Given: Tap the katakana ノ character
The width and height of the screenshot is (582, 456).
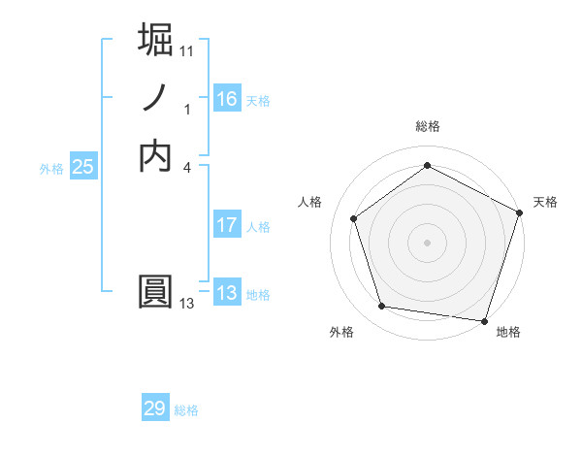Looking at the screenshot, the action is pos(156,99).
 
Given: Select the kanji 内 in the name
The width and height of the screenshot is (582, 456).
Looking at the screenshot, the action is pos(156,155).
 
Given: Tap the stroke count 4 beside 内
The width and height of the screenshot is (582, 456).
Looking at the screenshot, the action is pos(186,166).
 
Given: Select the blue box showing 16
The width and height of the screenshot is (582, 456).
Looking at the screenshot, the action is pos(226,99).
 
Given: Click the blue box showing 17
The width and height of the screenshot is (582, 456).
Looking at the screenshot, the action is pos(226,225).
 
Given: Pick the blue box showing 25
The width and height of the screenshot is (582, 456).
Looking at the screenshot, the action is pos(83,167).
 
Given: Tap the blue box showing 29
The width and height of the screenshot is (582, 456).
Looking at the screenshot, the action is pos(155,408).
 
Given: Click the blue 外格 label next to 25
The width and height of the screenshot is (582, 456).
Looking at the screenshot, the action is pos(51,168).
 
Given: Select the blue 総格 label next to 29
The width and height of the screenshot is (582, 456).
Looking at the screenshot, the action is pos(186,410).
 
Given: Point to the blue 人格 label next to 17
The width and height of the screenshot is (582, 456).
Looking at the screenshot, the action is pos(258,227).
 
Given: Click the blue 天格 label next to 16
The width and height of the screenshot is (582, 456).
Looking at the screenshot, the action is pos(258,101).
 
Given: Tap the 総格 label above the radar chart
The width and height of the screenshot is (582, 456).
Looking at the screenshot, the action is pos(427,126).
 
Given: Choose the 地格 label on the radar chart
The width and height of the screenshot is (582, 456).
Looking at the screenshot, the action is pos(508,332).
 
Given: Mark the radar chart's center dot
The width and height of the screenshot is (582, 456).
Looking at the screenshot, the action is pos(427,241).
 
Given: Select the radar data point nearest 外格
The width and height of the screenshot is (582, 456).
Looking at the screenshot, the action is pos(382,307).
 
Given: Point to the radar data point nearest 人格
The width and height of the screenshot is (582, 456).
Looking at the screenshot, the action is pos(354,218).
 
